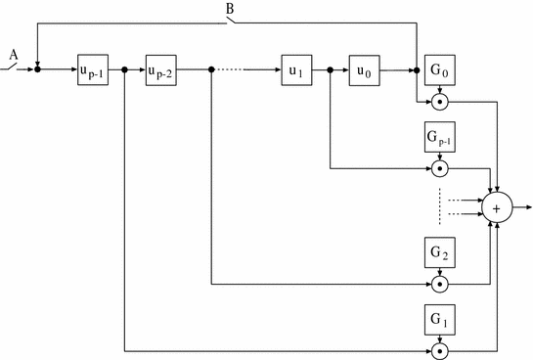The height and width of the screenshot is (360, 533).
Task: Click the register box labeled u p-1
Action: pyautogui.click(x=94, y=70)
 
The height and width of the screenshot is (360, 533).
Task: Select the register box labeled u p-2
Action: pyautogui.click(x=161, y=70)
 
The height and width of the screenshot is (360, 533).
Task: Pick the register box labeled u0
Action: pyautogui.click(x=365, y=70)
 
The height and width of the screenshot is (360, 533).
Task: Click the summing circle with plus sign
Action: pyautogui.click(x=497, y=208)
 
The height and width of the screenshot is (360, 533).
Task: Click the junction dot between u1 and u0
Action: pyautogui.click(x=332, y=70)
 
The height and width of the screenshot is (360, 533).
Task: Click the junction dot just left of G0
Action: pyautogui.click(x=417, y=70)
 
